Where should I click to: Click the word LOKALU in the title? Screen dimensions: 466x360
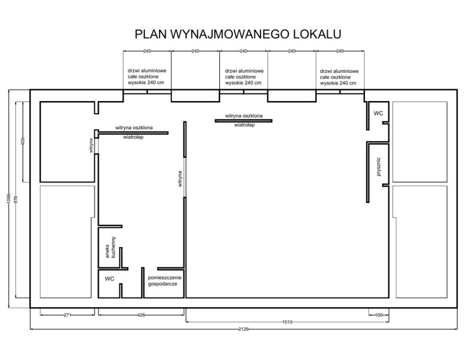point(317,34)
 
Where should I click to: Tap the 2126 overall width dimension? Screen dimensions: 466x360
point(243,329)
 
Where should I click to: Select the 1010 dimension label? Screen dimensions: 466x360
point(287,322)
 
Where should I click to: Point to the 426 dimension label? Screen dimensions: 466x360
point(141,315)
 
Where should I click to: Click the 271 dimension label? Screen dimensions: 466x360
point(68,315)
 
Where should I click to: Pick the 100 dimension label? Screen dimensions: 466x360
point(379,315)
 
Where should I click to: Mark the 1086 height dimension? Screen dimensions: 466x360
point(8,199)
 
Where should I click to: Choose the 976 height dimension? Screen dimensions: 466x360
point(16,199)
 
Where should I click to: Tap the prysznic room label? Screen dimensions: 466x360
point(378,167)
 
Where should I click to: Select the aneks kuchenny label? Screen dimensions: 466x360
point(110,247)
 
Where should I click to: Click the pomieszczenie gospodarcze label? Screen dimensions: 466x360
point(164,281)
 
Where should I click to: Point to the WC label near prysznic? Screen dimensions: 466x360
point(378,113)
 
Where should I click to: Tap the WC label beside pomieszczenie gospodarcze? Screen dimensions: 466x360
point(109,279)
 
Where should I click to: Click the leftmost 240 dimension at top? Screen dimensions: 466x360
point(147,51)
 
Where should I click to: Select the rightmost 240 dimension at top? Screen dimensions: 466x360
point(340,51)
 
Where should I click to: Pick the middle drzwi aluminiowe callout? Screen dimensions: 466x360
point(244,77)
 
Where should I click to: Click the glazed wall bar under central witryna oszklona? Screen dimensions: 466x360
point(243,121)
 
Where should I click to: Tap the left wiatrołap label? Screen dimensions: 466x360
point(133,137)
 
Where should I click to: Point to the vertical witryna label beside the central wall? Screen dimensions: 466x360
point(180,179)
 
